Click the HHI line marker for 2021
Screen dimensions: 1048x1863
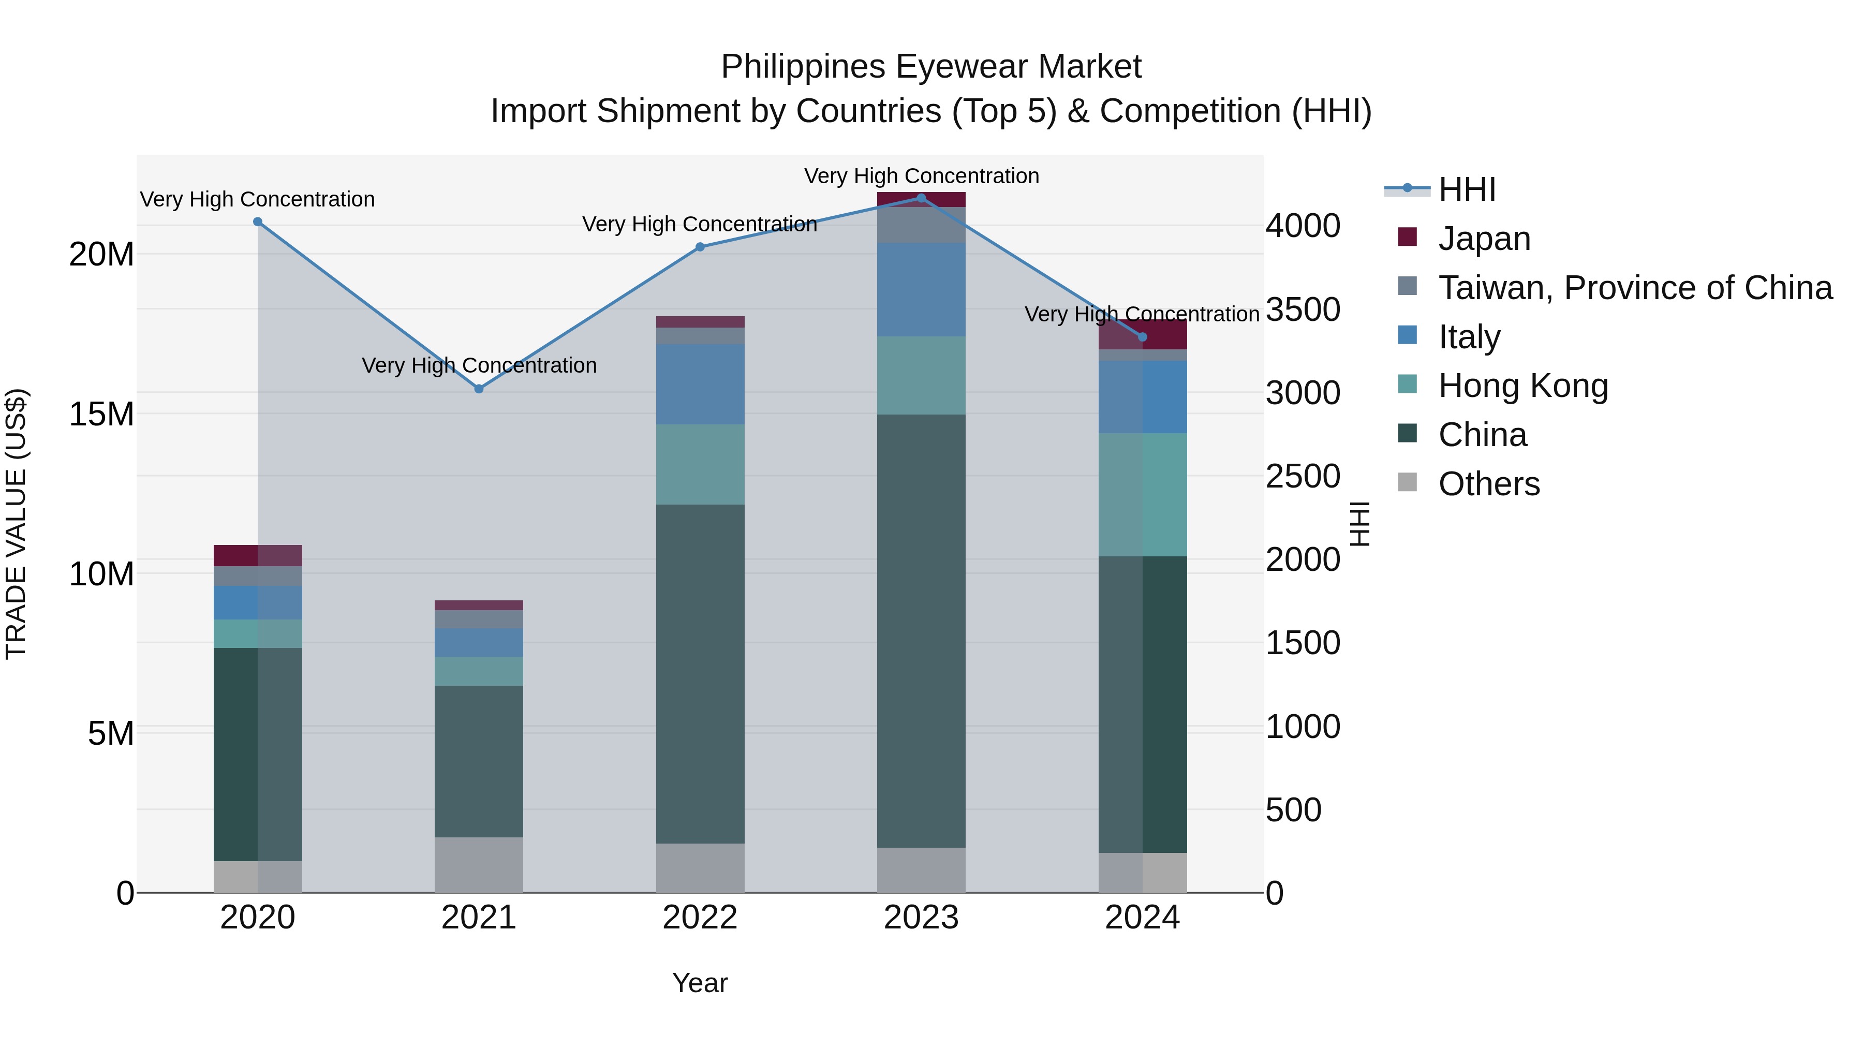479,389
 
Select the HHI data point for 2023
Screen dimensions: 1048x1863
921,198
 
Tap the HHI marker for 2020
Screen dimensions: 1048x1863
258,222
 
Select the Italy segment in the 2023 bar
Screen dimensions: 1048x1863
921,289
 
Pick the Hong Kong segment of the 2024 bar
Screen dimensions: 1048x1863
1143,495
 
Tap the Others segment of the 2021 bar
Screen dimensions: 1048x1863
479,864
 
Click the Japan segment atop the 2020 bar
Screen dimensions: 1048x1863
258,555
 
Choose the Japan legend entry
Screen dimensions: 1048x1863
1484,239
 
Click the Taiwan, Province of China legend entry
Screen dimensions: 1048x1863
1634,288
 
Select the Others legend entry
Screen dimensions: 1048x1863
1488,484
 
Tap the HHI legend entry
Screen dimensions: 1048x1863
1467,189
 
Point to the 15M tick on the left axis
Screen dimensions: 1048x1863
102,415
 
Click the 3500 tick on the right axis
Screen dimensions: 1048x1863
1303,309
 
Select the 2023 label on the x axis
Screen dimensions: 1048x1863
921,918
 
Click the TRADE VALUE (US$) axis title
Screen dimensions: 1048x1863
16,524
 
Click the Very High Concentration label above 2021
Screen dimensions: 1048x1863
479,365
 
